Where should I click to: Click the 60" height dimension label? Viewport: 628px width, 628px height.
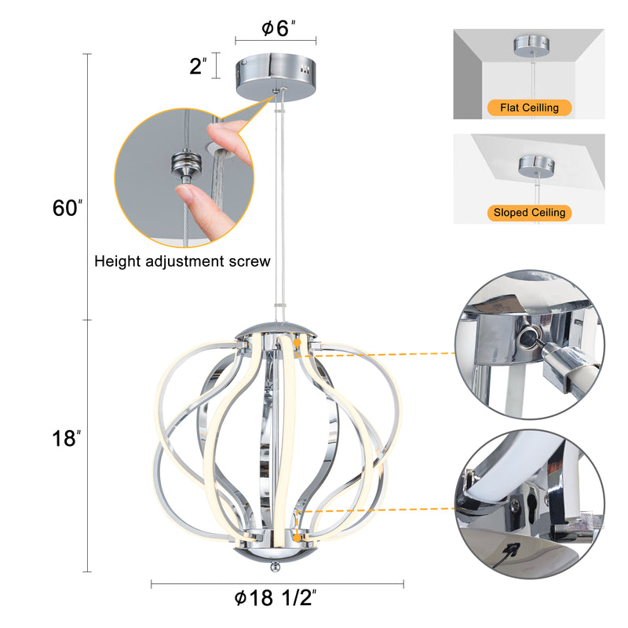68,208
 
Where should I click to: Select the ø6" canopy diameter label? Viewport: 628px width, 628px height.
279,28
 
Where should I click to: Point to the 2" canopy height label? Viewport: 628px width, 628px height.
199,66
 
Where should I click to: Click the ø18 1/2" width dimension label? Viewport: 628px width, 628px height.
276,598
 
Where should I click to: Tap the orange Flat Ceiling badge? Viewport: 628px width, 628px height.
529,108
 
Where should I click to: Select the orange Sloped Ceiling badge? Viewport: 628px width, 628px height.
529,213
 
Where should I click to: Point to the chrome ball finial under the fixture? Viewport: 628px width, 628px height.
275,566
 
